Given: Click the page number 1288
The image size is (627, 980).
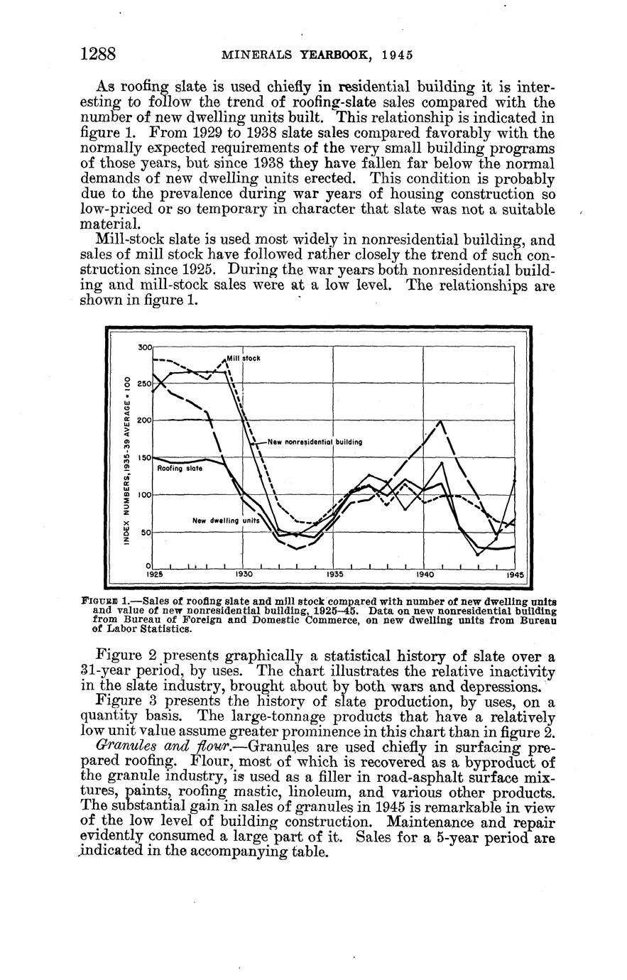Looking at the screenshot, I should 98,54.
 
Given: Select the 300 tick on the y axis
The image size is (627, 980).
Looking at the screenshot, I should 145,347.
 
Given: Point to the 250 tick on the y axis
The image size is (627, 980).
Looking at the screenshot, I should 145,383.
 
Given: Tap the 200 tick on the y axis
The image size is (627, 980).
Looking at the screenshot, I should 145,420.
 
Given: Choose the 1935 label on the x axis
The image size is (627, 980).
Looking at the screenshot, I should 334,573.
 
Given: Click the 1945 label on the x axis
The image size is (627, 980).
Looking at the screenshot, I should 514,573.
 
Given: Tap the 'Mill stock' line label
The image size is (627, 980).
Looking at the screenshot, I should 244,359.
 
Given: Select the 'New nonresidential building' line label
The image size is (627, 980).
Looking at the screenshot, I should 315,442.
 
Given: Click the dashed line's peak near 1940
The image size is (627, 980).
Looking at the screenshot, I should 440,421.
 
